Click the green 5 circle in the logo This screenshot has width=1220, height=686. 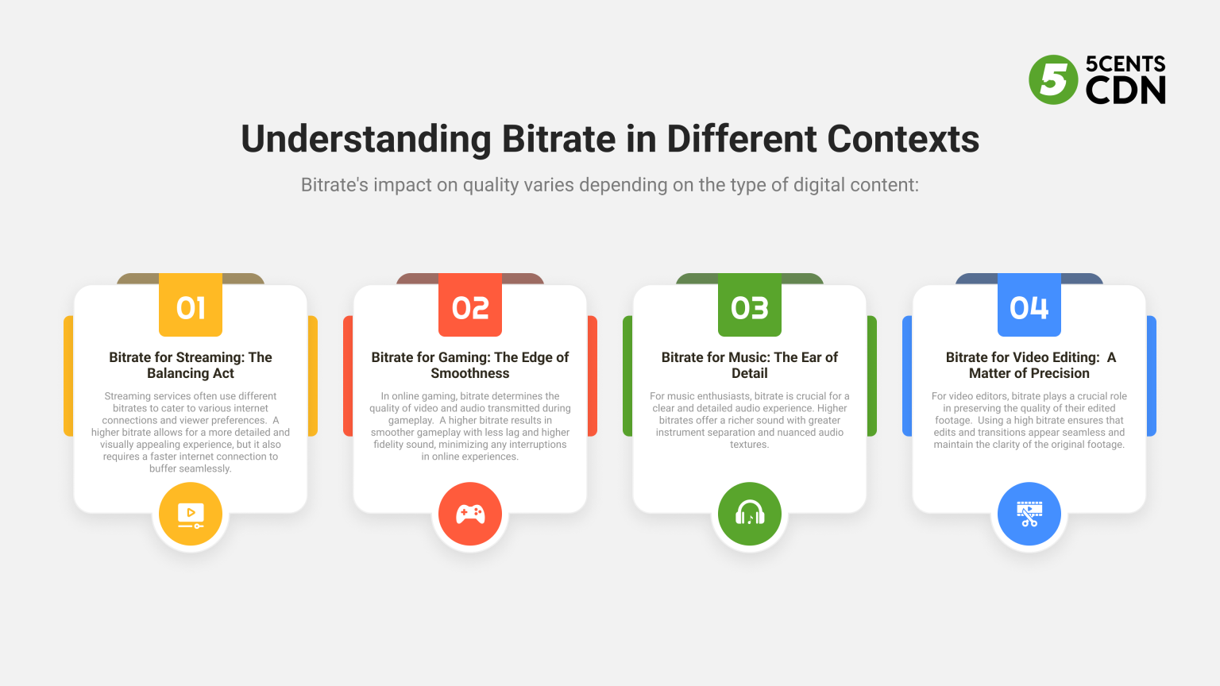pos(1053,79)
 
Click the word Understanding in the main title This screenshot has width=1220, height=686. pos(366,140)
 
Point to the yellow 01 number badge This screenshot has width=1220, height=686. pos(191,306)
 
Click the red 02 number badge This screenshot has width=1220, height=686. pos(470,306)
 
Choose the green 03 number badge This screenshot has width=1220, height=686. pos(750,306)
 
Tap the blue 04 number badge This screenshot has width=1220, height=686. pos(1029,306)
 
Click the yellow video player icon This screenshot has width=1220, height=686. pos(191,514)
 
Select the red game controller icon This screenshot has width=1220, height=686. pos(470,514)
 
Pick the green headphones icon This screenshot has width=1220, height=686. pos(750,514)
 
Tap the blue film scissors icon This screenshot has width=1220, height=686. pos(1029,514)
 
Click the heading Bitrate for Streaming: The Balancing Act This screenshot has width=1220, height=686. pos(191,365)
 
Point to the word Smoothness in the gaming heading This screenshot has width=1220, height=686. pos(470,373)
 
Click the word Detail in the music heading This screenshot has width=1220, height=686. pos(750,373)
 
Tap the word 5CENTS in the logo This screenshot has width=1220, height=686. pos(1125,64)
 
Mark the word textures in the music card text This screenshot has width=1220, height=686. pos(749,445)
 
